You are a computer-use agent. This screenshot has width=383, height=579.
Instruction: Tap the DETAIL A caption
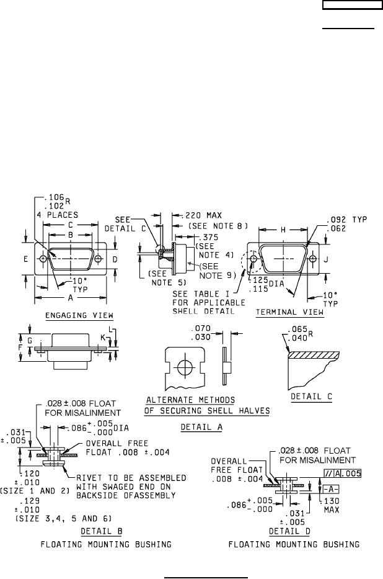pyautogui.click(x=201, y=428)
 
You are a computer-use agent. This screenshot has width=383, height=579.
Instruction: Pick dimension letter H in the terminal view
pyautogui.click(x=283, y=230)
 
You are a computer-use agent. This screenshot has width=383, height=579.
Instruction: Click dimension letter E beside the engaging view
pyautogui.click(x=26, y=259)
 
